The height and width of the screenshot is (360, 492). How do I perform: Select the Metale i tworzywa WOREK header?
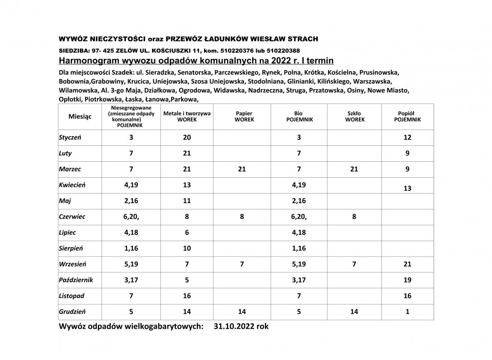pyautogui.click(x=187, y=116)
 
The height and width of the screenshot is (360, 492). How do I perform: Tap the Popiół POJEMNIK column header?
pyautogui.click(x=407, y=116)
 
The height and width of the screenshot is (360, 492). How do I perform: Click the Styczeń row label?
pyautogui.click(x=71, y=137)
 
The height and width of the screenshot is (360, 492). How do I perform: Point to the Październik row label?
pyautogui.click(x=76, y=280)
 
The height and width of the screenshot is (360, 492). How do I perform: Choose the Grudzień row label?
pyautogui.click(x=72, y=311)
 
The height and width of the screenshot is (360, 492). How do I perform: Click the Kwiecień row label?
pyautogui.click(x=73, y=185)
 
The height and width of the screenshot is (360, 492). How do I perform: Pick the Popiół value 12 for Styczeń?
pyautogui.click(x=407, y=137)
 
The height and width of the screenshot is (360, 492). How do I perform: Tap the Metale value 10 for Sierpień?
pyautogui.click(x=187, y=248)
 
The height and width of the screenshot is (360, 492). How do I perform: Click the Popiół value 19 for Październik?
pyautogui.click(x=407, y=280)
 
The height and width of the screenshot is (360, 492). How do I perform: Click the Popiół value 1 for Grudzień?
pyautogui.click(x=407, y=311)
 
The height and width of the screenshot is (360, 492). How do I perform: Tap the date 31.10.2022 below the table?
pyautogui.click(x=234, y=326)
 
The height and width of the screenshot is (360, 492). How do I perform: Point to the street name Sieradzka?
pyautogui.click(x=178, y=73)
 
